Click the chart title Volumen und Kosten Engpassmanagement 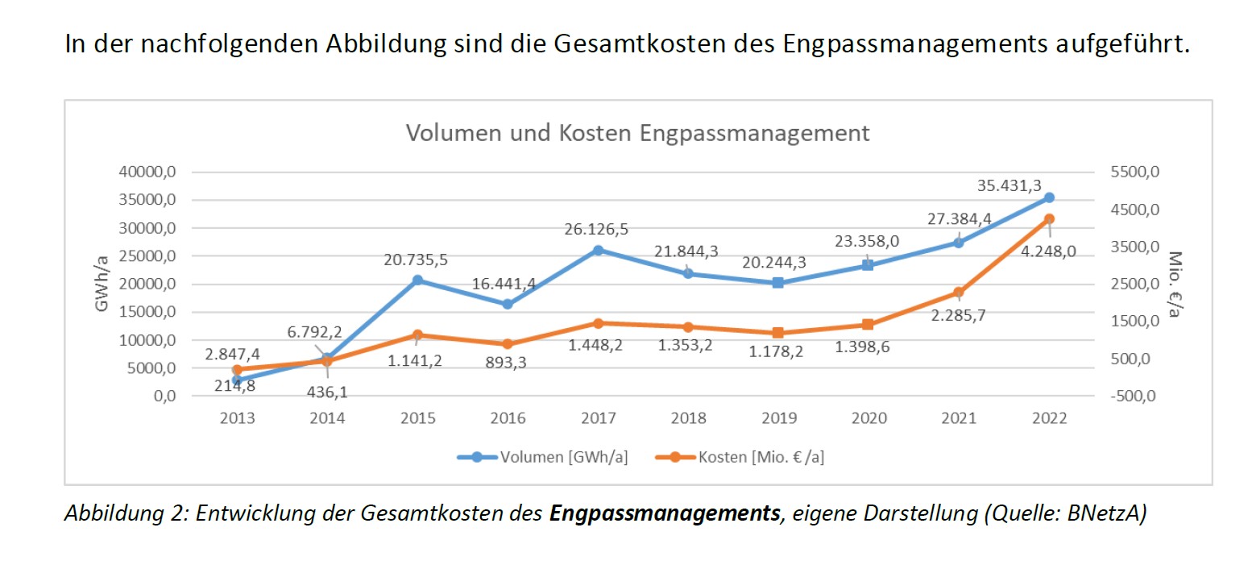coord(638,133)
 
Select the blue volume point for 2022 coord(1049,197)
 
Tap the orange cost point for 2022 coord(1049,219)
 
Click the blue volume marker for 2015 coord(417,280)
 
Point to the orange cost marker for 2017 coord(598,323)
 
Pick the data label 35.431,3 coord(1010,185)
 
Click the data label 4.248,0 coord(1049,251)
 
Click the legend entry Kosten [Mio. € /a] coord(761,457)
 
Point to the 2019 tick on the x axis coord(778,418)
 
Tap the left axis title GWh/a coord(103,284)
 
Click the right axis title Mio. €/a coord(1175,284)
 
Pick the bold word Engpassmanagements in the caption coord(665,513)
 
